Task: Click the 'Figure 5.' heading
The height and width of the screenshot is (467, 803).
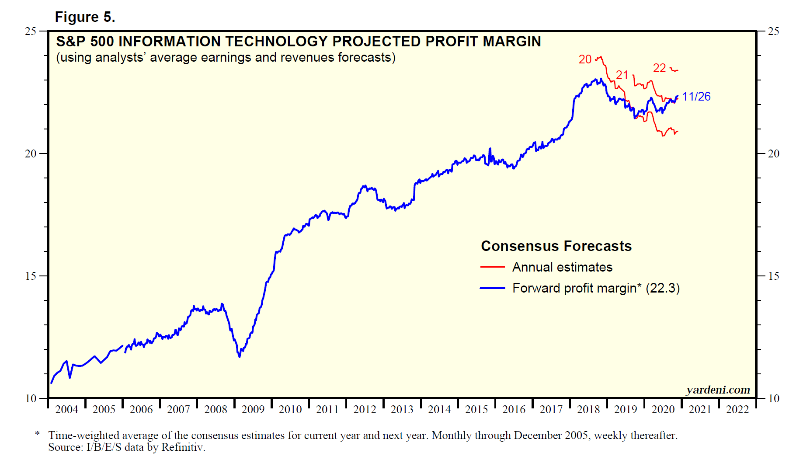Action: click(x=85, y=17)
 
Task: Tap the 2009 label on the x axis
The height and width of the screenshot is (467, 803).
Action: click(x=253, y=410)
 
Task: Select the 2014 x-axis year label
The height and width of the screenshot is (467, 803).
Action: click(x=439, y=410)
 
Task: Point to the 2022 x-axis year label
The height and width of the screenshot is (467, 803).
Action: click(x=737, y=410)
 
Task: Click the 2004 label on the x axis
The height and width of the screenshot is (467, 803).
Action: click(x=66, y=410)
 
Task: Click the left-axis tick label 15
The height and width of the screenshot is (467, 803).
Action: click(x=31, y=276)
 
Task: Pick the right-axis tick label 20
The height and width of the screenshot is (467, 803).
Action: click(x=773, y=153)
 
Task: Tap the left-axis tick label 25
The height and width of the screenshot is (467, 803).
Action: click(x=31, y=31)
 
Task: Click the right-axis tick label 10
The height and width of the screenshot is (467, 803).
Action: click(x=773, y=398)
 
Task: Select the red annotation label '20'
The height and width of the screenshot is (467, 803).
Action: click(x=585, y=59)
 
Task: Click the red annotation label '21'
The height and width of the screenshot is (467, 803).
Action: click(x=622, y=75)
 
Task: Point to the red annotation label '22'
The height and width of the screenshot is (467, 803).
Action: click(x=659, y=68)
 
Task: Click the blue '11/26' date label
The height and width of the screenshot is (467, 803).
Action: click(x=696, y=97)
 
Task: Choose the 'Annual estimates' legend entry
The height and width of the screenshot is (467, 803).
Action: click(x=562, y=267)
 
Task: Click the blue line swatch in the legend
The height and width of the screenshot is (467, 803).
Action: click(x=493, y=288)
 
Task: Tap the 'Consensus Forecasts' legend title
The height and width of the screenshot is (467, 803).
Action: click(x=556, y=246)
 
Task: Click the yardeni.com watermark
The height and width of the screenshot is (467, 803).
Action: click(x=718, y=390)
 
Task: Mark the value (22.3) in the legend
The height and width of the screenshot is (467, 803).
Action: click(x=663, y=288)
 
